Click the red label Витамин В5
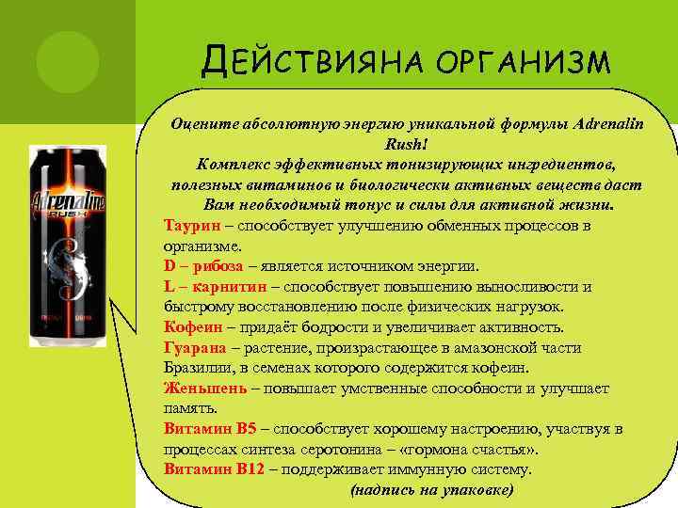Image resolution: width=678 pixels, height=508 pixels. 210,429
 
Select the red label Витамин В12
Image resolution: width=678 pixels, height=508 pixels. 214,468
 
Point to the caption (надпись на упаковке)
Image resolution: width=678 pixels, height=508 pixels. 432,490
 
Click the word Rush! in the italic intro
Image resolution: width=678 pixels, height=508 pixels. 406,145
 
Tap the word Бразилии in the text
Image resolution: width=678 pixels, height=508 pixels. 197,368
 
